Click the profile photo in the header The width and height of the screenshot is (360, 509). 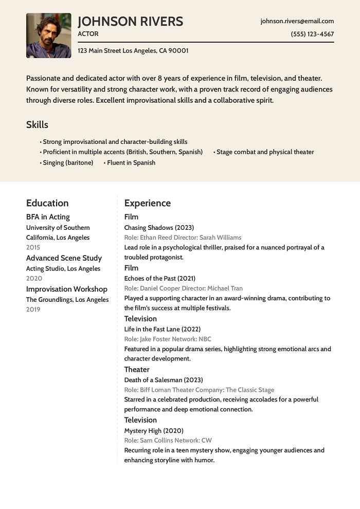click(49, 35)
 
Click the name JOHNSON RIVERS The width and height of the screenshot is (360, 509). click(130, 22)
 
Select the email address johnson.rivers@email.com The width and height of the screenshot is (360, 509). click(297, 21)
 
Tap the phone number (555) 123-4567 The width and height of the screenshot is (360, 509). click(312, 34)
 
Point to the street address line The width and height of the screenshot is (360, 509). click(133, 50)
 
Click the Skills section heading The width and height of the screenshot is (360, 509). click(37, 124)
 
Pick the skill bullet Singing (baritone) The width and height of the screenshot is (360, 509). click(68, 162)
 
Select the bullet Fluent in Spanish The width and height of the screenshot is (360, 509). click(131, 162)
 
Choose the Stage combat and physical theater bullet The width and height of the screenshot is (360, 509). click(265, 152)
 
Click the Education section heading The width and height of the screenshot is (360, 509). click(47, 203)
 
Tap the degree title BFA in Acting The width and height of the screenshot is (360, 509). click(48, 217)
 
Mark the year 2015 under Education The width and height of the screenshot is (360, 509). click(33, 247)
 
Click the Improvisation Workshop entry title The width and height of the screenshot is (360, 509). click(67, 289)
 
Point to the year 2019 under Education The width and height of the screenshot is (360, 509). click(33, 310)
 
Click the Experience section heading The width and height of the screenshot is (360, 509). click(147, 203)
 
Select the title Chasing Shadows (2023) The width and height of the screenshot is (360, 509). click(159, 227)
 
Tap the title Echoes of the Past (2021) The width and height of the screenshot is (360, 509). click(160, 278)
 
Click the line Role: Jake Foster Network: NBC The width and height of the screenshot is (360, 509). click(168, 339)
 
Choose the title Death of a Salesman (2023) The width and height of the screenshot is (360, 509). click(164, 380)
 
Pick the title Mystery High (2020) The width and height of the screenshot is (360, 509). click(154, 430)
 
